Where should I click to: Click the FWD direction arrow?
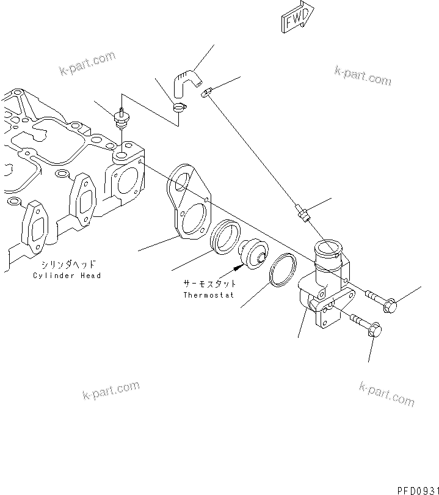(x=297, y=16)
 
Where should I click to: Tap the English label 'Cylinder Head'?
(x=67, y=276)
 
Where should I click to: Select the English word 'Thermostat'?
(x=209, y=295)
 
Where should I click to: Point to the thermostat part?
(x=250, y=256)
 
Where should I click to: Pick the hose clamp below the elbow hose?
(x=179, y=109)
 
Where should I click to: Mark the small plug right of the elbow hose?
(x=208, y=93)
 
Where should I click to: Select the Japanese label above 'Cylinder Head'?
(x=67, y=265)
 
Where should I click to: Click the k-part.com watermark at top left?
(x=87, y=64)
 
